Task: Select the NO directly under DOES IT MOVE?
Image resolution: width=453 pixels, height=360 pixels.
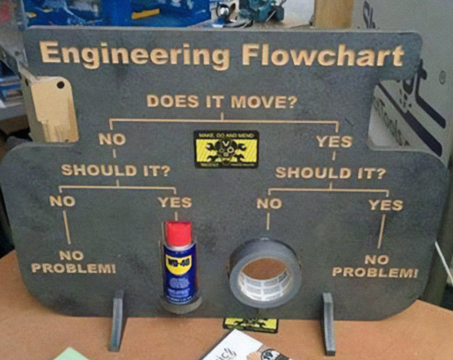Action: click(x=112, y=139)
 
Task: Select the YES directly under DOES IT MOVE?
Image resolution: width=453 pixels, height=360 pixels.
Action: click(x=333, y=141)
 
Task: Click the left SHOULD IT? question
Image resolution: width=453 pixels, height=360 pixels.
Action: click(x=116, y=170)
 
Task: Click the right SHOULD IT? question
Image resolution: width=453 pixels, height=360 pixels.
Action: click(x=330, y=173)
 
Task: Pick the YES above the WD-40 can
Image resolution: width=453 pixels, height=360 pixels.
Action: click(x=175, y=202)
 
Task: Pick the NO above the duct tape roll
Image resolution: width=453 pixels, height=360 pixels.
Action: click(x=269, y=204)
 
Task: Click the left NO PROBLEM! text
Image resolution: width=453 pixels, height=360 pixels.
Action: click(x=74, y=262)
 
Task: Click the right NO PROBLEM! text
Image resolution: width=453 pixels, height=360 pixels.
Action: click(x=375, y=265)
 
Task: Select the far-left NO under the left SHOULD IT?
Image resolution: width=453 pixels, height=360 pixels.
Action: click(x=62, y=201)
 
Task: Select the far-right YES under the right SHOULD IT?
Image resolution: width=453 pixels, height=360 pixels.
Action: click(x=385, y=205)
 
